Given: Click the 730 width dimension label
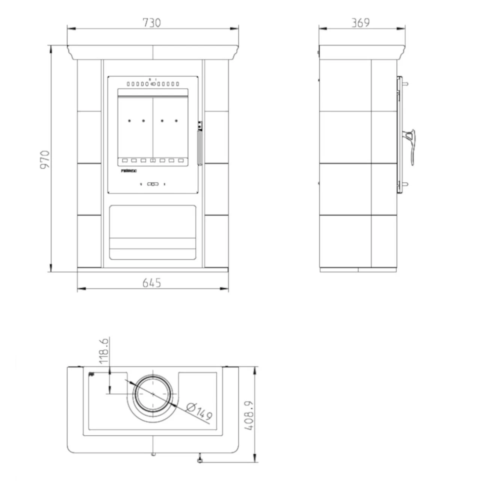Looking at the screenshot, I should pyautogui.click(x=152, y=23).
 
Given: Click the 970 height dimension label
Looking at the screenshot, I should pyautogui.click(x=45, y=159).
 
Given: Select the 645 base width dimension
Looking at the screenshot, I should pyautogui.click(x=152, y=283).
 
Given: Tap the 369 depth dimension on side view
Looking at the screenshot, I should pyautogui.click(x=361, y=23).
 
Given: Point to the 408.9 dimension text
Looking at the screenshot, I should pyautogui.click(x=249, y=415).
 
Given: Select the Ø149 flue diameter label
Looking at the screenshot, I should pyautogui.click(x=199, y=411).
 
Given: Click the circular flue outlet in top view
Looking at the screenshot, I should pyautogui.click(x=153, y=394).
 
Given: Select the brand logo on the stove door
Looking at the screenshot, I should pyautogui.click(x=129, y=171).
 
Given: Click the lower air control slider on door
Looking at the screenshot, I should pyautogui.click(x=153, y=184).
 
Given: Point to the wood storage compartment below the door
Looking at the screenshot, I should pyautogui.click(x=153, y=232).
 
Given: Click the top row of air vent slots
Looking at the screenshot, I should pyautogui.click(x=153, y=84).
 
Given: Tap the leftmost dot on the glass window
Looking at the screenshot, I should pyautogui.click(x=129, y=121).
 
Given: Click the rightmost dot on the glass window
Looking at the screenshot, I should pyautogui.click(x=176, y=121).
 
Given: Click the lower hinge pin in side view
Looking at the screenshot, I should pyautogui.click(x=405, y=184).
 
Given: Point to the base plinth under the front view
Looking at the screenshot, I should pyautogui.click(x=153, y=269).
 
